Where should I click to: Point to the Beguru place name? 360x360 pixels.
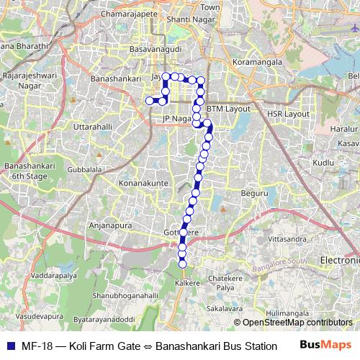254,194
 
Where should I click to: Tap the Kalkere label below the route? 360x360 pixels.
187,284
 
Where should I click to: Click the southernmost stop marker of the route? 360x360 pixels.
182,264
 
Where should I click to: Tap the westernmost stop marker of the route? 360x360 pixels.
150,101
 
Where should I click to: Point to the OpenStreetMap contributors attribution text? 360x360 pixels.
297,323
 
